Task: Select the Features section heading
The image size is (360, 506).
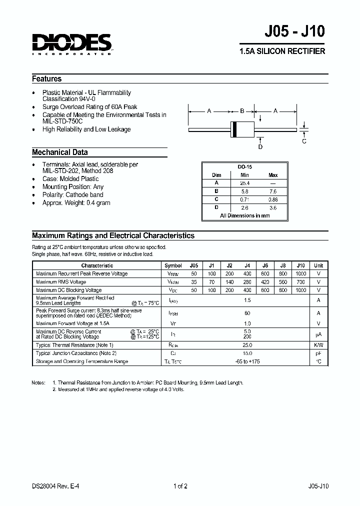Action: click(x=47, y=78)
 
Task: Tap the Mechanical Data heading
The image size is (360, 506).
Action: click(x=60, y=152)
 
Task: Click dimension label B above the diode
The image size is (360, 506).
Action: click(x=242, y=111)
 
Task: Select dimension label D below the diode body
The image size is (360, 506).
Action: click(x=260, y=146)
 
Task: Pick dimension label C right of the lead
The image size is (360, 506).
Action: click(x=304, y=141)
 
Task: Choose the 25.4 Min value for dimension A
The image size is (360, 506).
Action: click(x=244, y=183)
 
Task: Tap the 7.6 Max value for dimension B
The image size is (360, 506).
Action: click(x=272, y=191)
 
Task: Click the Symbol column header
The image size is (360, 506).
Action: click(x=173, y=265)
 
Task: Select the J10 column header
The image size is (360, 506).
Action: click(x=300, y=265)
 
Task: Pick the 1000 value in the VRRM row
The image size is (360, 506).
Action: click(x=300, y=274)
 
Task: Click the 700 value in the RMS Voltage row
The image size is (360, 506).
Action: click(x=300, y=282)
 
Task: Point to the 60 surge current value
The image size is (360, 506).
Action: click(x=246, y=313)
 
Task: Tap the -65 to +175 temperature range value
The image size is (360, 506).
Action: click(x=247, y=361)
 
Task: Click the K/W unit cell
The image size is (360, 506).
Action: click(x=318, y=345)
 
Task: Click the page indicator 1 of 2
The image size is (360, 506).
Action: click(x=180, y=486)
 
